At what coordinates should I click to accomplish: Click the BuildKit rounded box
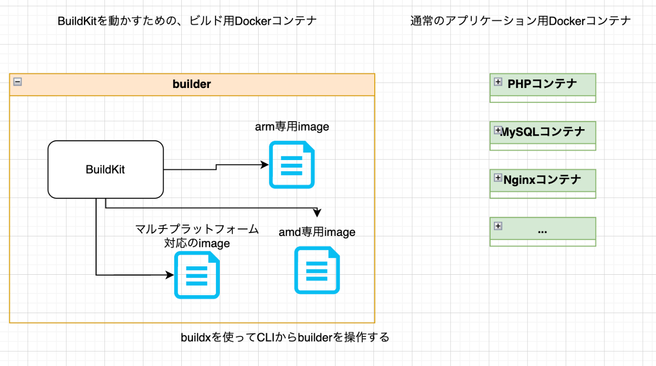coord(105,169)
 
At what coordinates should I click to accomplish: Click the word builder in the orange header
coord(192,84)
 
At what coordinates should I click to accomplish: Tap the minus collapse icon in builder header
coord(17,81)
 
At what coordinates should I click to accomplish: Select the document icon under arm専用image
coord(291,165)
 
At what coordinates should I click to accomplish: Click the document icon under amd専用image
coord(317,270)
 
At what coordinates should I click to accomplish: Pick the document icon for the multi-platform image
coord(197,275)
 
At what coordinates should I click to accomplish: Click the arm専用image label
coord(291,126)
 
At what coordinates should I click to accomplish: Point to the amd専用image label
coord(317,232)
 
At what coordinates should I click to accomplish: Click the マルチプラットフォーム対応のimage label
coord(197,236)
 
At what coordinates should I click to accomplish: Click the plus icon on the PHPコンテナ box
coord(498,82)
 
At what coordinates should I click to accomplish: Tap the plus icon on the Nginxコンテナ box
coord(498,178)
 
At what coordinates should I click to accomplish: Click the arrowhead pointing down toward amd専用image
coord(317,213)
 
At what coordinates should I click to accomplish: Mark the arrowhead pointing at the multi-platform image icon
coord(170,275)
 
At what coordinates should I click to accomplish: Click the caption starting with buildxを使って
coord(285,337)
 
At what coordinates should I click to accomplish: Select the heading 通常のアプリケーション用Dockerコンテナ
coord(521,21)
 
